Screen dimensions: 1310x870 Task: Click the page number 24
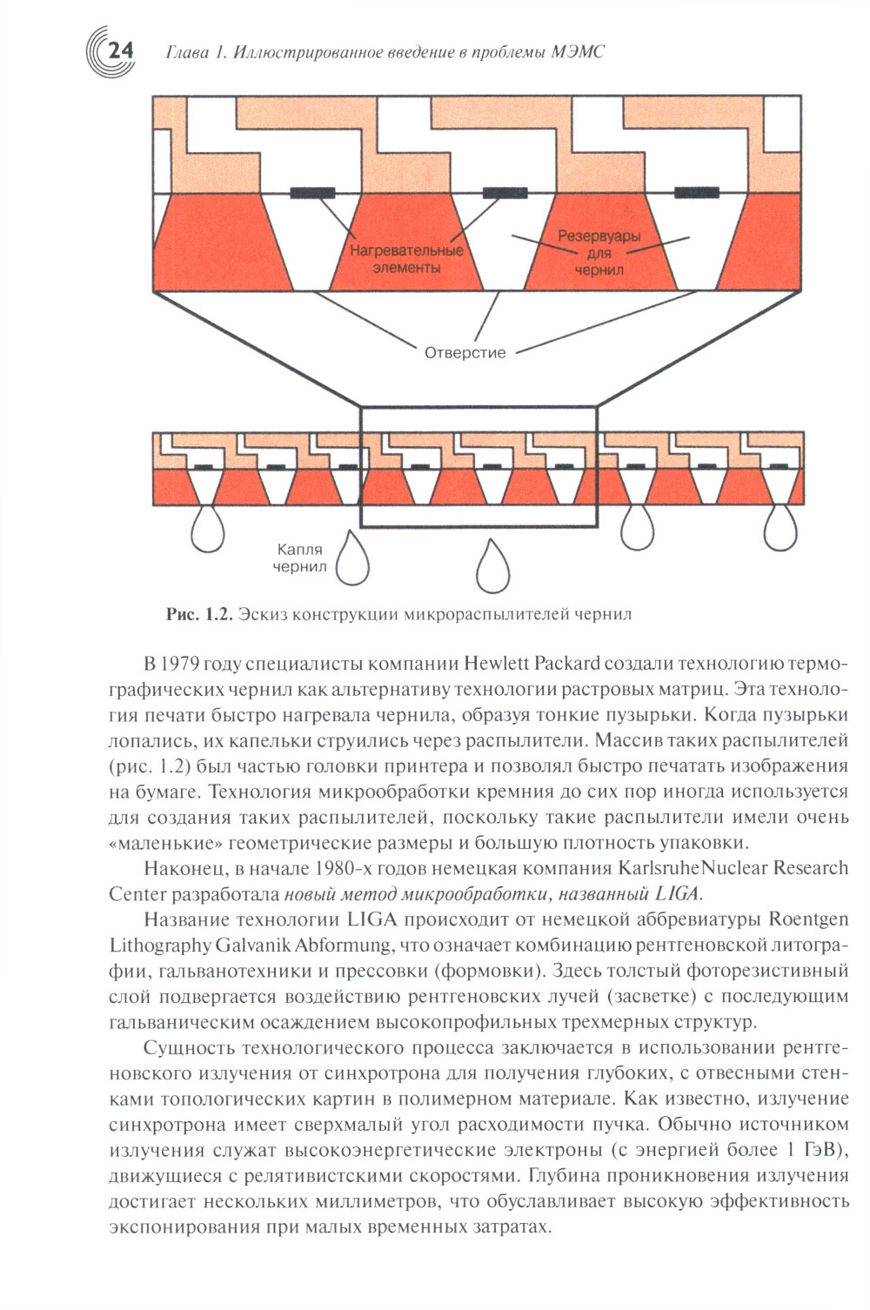119,50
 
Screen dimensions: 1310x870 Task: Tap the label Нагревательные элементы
406,259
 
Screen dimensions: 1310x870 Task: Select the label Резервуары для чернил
599,252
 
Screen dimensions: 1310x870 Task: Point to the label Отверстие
465,352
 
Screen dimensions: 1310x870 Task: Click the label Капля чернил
299,558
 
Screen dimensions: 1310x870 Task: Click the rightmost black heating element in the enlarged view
697,192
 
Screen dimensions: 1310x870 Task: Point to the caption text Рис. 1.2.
199,614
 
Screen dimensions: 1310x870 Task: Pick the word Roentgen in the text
808,919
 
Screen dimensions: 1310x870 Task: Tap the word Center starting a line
137,893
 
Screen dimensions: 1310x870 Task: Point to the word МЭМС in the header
578,52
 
